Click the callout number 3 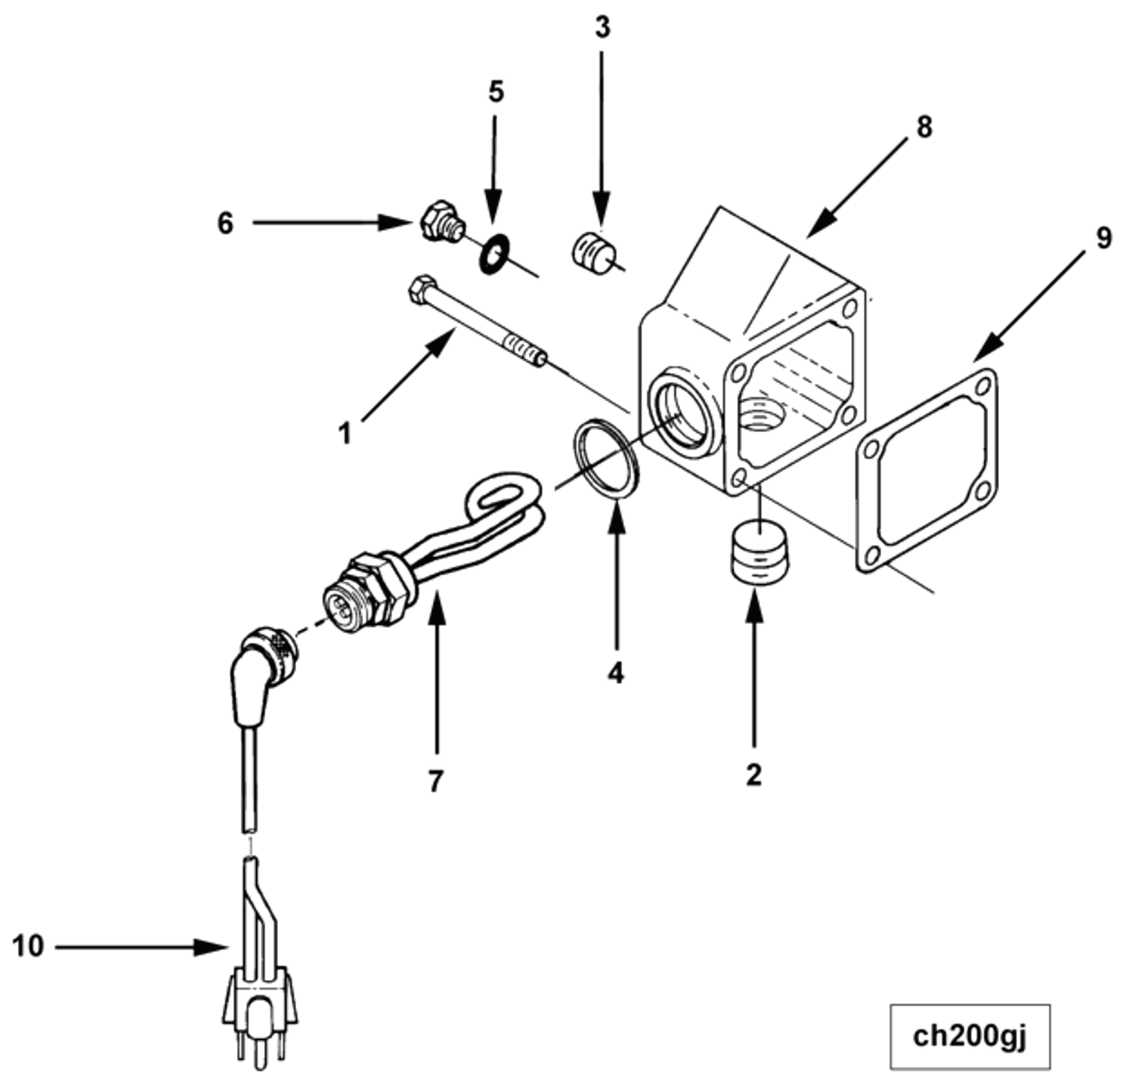(x=602, y=28)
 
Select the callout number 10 (x=28, y=947)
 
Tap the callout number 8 (x=924, y=127)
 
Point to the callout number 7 (x=436, y=780)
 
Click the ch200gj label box (x=969, y=1036)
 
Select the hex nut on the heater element (x=376, y=585)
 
